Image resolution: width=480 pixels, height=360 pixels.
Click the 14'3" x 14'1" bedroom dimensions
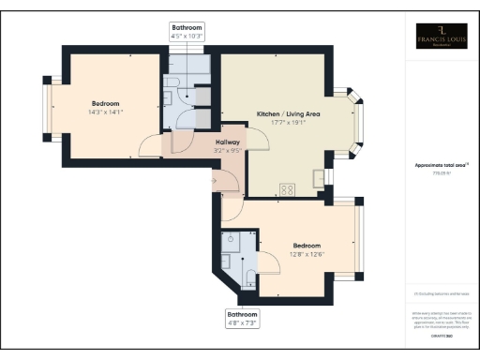click(104, 112)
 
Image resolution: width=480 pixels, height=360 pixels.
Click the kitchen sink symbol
click(322, 176)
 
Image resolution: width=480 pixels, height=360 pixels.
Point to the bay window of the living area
click(360, 119)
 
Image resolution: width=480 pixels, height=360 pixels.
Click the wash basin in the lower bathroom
click(229, 241)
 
